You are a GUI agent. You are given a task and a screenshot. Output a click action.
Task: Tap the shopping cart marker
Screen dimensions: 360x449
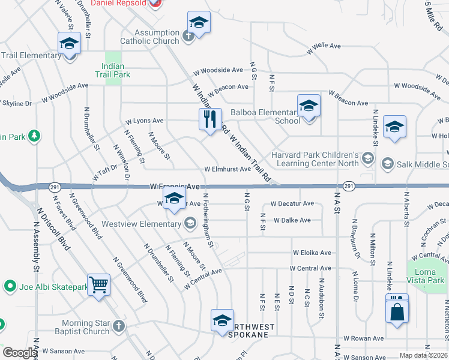[x=98, y=284]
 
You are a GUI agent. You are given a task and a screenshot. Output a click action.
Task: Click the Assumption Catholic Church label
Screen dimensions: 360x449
[x=149, y=37]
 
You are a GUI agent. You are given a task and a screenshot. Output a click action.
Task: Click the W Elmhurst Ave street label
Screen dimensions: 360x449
[x=228, y=169]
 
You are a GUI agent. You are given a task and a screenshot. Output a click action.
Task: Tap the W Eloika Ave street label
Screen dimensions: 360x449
[x=312, y=253]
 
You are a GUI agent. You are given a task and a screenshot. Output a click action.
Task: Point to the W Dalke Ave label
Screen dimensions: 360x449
[x=292, y=220]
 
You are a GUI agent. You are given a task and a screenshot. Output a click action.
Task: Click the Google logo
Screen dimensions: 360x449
[x=20, y=353]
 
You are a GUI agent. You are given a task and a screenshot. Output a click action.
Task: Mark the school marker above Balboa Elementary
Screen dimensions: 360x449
[x=309, y=106]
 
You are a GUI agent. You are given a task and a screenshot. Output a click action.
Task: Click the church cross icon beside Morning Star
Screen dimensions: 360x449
[x=119, y=326]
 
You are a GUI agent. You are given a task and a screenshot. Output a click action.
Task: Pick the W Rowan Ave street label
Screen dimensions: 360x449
[x=364, y=338]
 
